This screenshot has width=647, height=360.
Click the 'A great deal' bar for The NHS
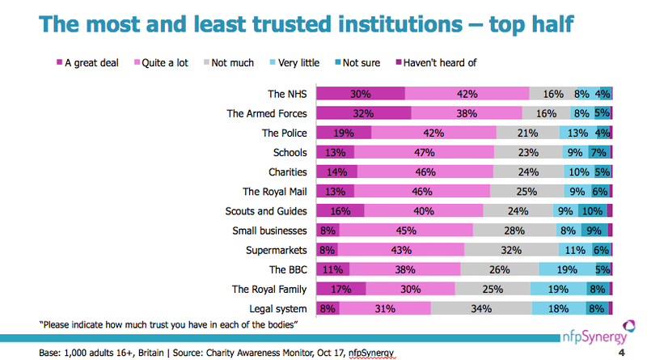point(361,94)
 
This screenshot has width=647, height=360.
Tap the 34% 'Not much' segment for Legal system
point(481,308)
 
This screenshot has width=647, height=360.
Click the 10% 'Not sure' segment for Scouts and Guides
point(591,211)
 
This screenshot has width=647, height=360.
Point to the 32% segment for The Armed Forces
point(363,113)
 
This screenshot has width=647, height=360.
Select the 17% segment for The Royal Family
point(341,289)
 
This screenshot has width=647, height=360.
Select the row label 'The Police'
point(285,133)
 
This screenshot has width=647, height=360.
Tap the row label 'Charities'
point(287,172)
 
